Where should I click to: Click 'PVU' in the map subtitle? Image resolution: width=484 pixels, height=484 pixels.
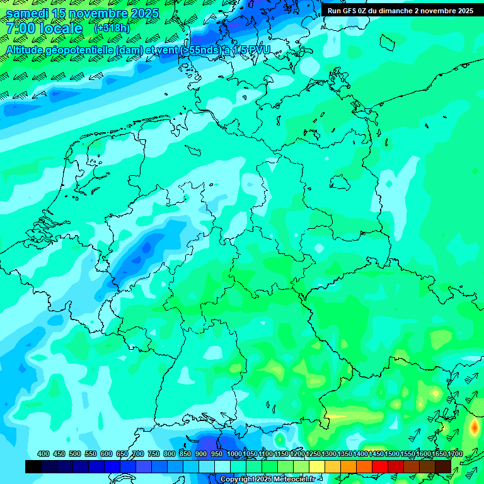[x=259, y=50]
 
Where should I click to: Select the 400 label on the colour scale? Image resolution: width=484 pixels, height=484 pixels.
[x=43, y=454]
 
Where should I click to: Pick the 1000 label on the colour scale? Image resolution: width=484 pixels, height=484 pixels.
[x=234, y=454]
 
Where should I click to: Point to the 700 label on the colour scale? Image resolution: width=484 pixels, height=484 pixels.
[x=138, y=454]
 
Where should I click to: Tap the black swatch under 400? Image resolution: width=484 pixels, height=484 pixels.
[x=33, y=466]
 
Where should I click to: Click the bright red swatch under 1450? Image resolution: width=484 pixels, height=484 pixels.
[x=379, y=466]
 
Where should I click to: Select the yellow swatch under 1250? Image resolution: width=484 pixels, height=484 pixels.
[x=316, y=466]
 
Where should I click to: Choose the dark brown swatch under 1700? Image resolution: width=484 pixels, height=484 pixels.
[x=442, y=466]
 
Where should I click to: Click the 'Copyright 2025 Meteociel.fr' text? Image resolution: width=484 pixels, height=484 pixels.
[x=267, y=480]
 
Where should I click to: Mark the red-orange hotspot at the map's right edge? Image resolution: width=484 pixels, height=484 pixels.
[x=474, y=427]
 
